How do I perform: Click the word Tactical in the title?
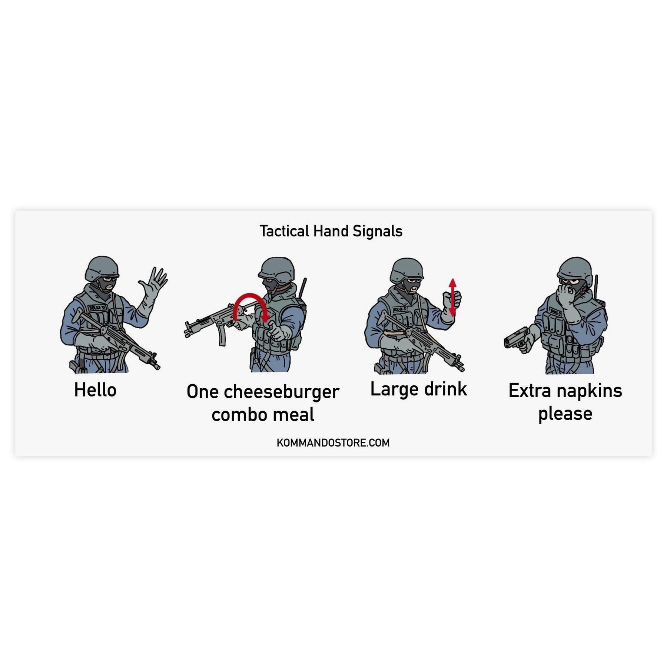[284, 231]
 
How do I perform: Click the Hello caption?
[95, 390]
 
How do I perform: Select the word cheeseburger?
[282, 392]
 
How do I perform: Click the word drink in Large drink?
[445, 389]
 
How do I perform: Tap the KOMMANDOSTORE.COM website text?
[333, 443]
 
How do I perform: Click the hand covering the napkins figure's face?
[567, 296]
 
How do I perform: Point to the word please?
[565, 414]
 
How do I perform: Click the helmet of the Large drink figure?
[406, 269]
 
